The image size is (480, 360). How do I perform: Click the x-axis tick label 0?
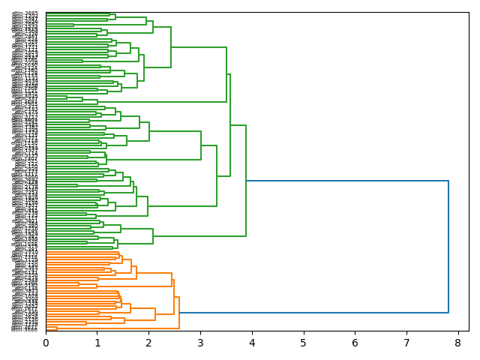[46, 343]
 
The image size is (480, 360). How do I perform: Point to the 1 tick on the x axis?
[97, 343]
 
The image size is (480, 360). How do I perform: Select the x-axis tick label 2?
[148, 343]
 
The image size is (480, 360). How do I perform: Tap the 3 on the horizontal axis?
[200, 343]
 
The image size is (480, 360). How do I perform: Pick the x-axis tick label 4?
[252, 343]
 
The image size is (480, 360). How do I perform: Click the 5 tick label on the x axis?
[304, 343]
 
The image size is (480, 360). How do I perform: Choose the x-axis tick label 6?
[355, 343]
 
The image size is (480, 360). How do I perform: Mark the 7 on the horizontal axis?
[406, 343]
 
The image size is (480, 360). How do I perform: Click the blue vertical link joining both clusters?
[448, 247]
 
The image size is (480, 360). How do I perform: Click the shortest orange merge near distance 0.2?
[56, 328]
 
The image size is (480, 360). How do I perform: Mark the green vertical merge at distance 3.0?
[201, 145]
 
